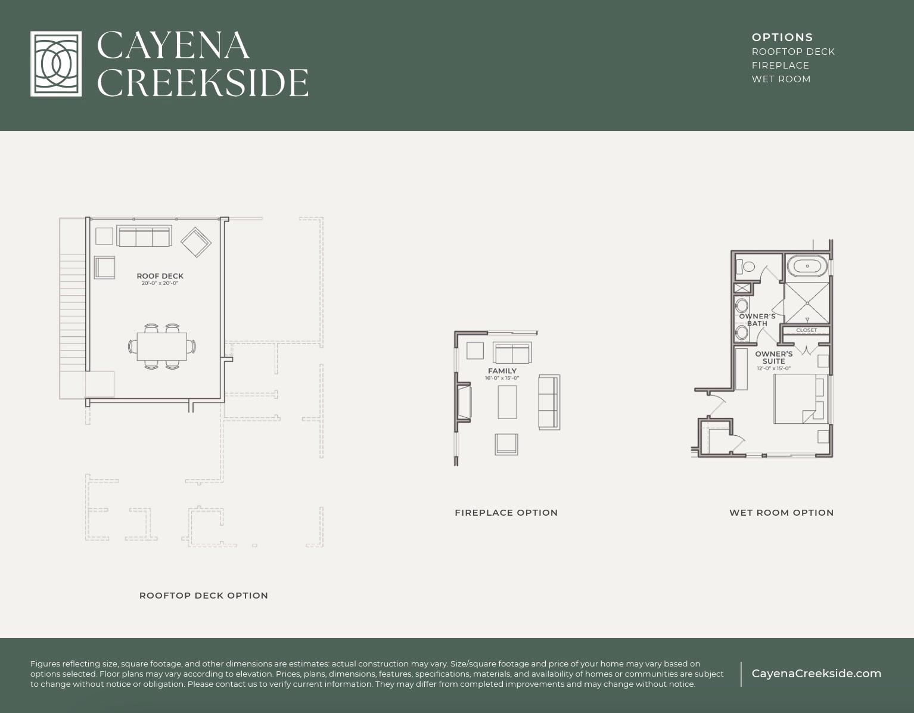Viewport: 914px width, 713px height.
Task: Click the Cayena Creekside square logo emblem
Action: pyautogui.click(x=56, y=64)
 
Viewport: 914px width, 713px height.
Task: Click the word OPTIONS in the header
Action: pyautogui.click(x=782, y=37)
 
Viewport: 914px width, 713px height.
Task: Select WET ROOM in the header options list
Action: pyautogui.click(x=781, y=79)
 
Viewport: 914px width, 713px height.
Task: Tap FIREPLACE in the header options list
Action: pyautogui.click(x=780, y=65)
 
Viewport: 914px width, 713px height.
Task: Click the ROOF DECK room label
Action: pyautogui.click(x=160, y=275)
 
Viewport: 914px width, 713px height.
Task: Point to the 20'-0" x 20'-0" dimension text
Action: pyautogui.click(x=160, y=283)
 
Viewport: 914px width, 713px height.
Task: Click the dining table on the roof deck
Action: pyautogui.click(x=161, y=346)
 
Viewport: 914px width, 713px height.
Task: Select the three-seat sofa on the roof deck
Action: pyautogui.click(x=144, y=236)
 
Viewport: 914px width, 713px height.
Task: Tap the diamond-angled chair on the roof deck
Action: pyautogui.click(x=196, y=242)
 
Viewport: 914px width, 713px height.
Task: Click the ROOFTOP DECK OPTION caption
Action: pyautogui.click(x=203, y=595)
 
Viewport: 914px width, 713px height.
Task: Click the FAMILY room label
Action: pyautogui.click(x=502, y=371)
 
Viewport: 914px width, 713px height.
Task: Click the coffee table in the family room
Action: pyautogui.click(x=507, y=402)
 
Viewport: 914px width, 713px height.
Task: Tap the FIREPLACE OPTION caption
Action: pyautogui.click(x=506, y=512)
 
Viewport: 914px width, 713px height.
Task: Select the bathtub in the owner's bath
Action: pyautogui.click(x=807, y=266)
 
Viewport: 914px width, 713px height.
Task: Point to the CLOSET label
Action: pyautogui.click(x=806, y=330)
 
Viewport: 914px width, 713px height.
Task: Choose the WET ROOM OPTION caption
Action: pyautogui.click(x=781, y=512)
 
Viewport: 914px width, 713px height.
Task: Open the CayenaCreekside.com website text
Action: pyautogui.click(x=816, y=673)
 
